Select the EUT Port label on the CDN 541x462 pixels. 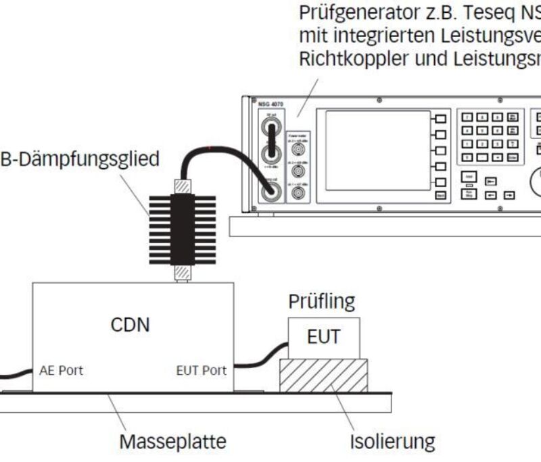pyautogui.click(x=201, y=371)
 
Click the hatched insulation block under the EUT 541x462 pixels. pyautogui.click(x=323, y=375)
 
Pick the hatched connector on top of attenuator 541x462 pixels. pyautogui.click(x=181, y=186)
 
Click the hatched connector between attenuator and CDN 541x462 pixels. pyautogui.click(x=181, y=272)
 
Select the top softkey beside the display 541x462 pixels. pyautogui.click(x=440, y=119)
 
